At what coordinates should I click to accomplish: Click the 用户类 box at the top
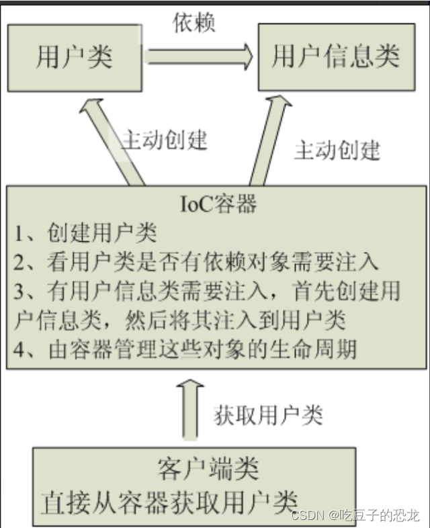[x=74, y=57]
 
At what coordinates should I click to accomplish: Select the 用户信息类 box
[x=336, y=57]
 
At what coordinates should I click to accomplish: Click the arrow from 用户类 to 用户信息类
[x=200, y=53]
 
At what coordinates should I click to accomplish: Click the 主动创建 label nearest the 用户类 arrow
[x=165, y=140]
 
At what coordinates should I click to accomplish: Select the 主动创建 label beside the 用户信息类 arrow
[x=337, y=149]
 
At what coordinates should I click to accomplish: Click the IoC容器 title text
[x=218, y=204]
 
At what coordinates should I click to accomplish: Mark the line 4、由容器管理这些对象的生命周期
[x=185, y=350]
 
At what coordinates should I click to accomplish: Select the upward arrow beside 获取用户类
[x=190, y=409]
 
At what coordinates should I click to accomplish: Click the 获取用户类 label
[x=269, y=415]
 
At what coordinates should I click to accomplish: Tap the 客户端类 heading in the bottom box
[x=208, y=468]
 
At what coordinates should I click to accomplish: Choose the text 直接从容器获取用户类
[x=168, y=501]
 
